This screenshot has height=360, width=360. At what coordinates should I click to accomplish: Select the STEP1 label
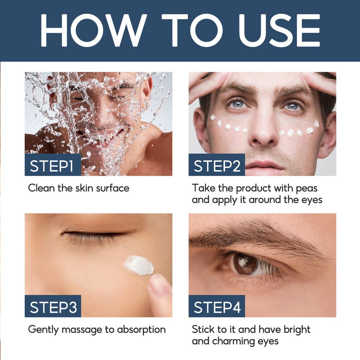click(52, 166)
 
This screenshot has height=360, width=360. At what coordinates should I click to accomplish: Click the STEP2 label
click(217, 166)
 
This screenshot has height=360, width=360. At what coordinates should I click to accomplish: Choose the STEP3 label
click(53, 307)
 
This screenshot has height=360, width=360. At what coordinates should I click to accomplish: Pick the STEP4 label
click(217, 307)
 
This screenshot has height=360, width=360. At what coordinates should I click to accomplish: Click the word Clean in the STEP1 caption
click(41, 188)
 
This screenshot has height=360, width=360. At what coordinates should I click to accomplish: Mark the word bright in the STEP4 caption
click(296, 330)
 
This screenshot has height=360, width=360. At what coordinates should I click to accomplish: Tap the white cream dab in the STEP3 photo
click(139, 265)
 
